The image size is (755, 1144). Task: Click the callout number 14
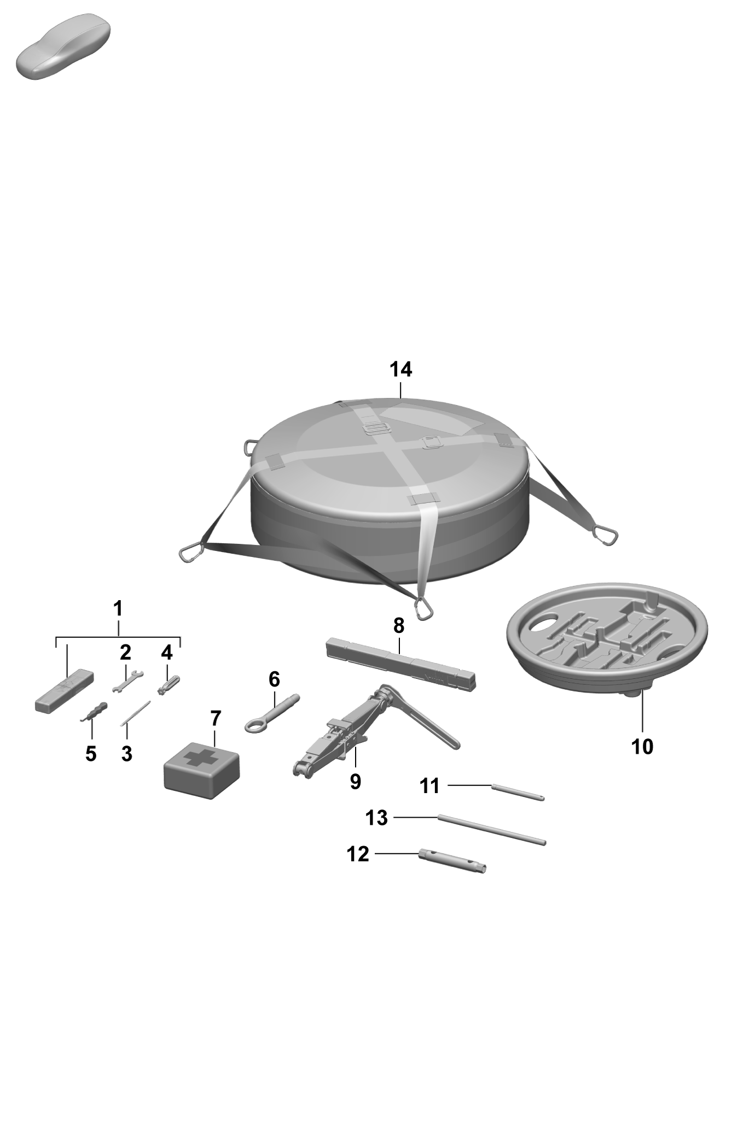[x=400, y=369]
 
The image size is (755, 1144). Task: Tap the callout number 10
[x=642, y=747]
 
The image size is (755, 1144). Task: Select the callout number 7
[x=216, y=718]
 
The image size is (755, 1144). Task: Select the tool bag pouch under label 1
[x=64, y=691]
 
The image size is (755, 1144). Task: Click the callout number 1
[x=118, y=608]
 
